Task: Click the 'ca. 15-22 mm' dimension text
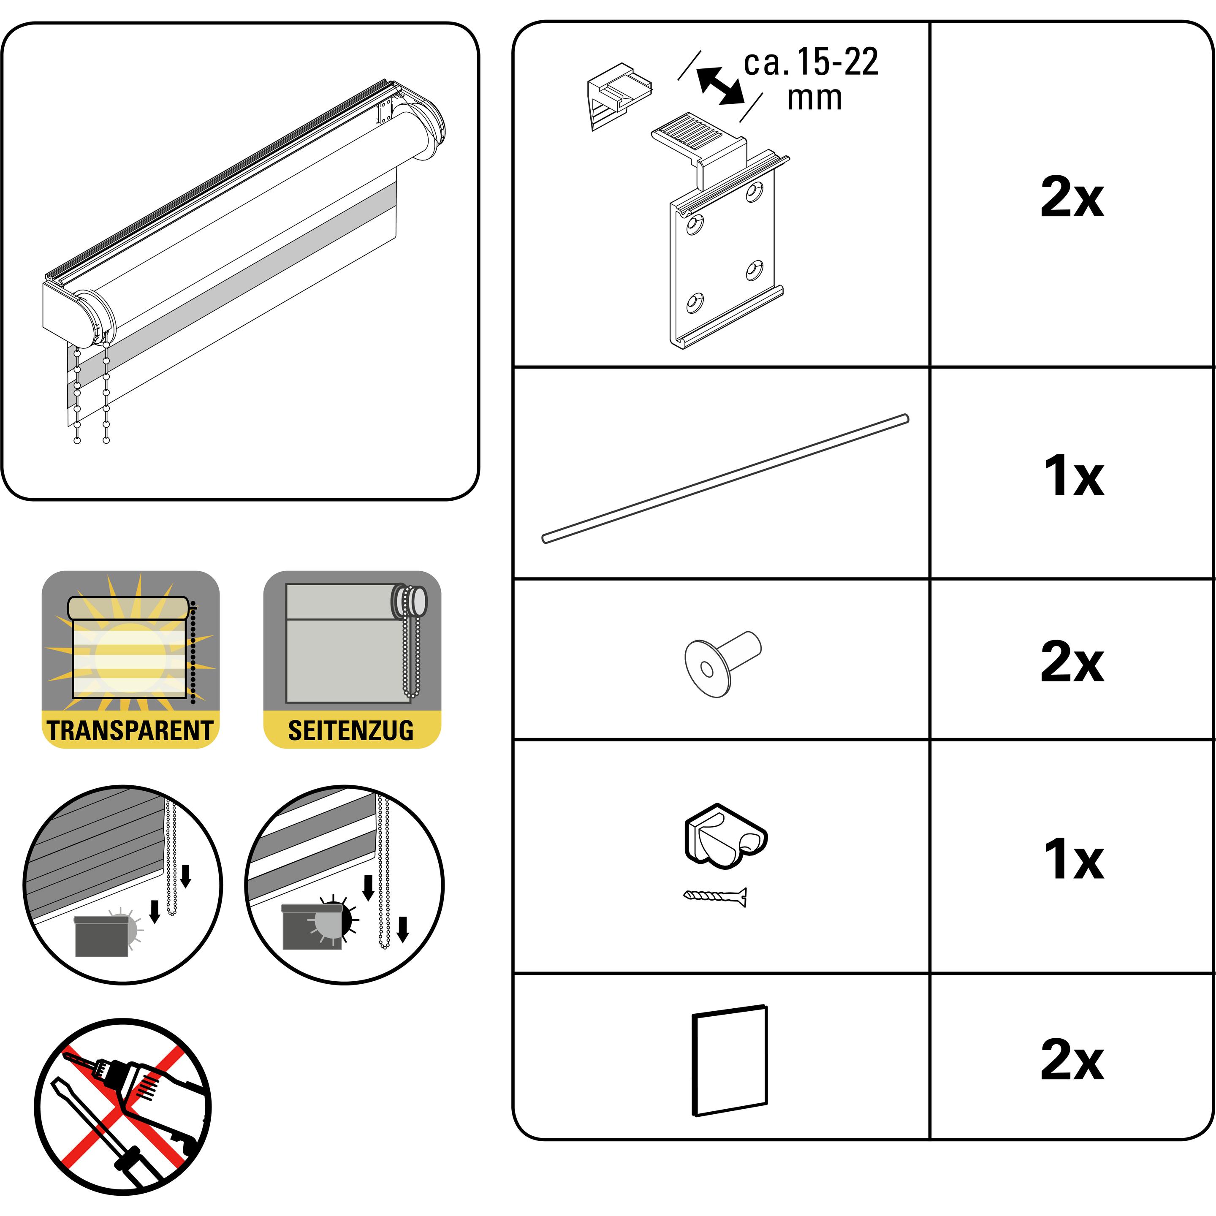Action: pos(811,79)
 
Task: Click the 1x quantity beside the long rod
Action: pos(1073,476)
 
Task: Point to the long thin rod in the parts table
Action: pos(725,478)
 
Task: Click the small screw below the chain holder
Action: pos(715,896)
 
